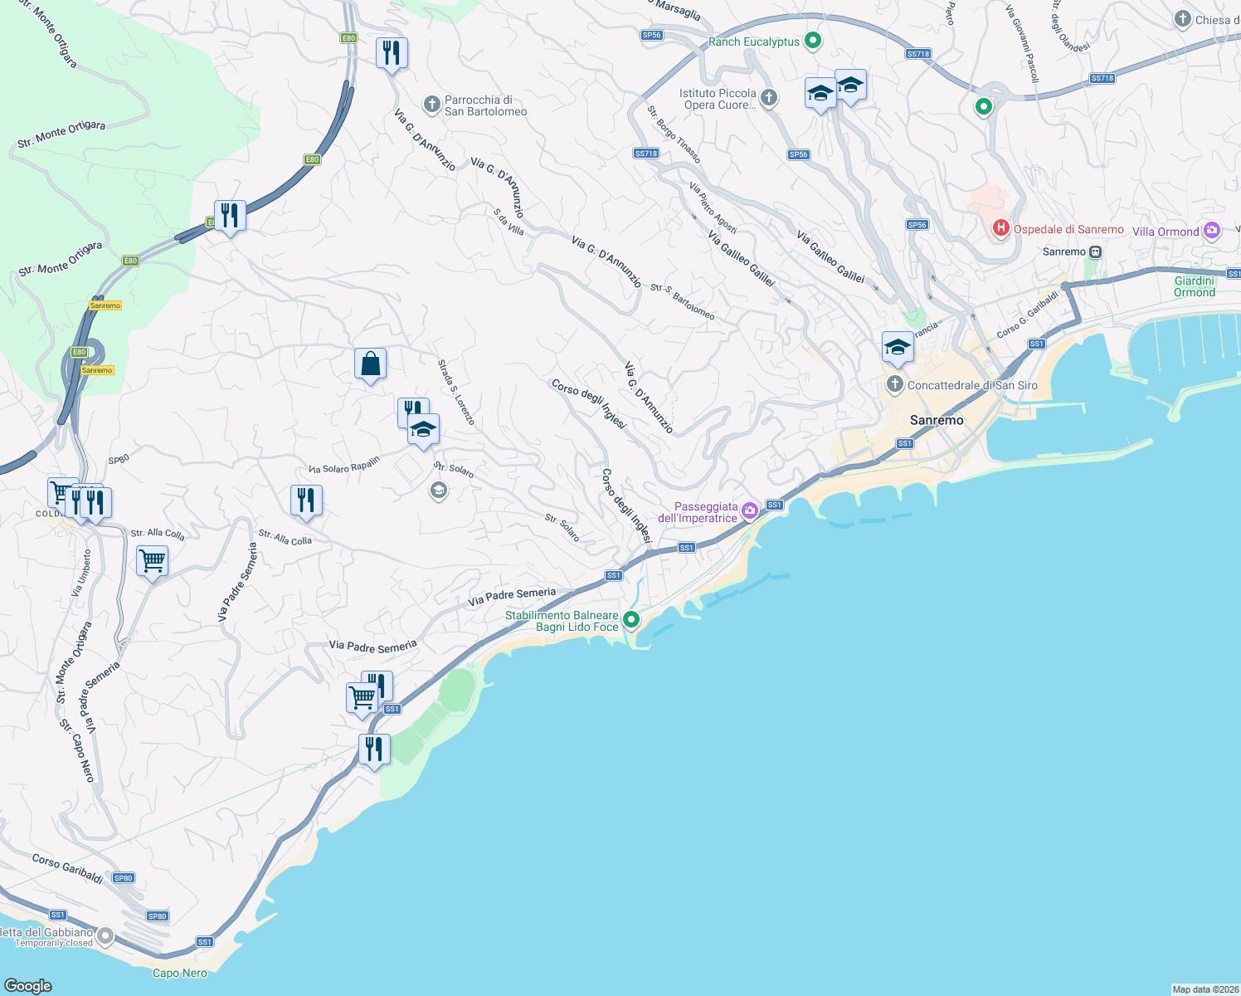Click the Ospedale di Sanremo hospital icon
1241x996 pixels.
point(1001,227)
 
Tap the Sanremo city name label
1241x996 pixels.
point(937,420)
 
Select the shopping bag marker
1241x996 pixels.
point(370,364)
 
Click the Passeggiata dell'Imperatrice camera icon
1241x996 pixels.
point(750,511)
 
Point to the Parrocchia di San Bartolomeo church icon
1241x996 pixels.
point(431,105)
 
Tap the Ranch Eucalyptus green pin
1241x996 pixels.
point(813,40)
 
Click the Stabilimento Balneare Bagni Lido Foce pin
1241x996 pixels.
point(631,619)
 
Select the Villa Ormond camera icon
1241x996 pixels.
point(1212,231)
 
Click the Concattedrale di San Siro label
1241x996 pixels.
point(972,385)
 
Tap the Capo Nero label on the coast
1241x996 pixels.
point(180,973)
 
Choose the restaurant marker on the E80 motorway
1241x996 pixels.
point(229,216)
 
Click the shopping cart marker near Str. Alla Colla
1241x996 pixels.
point(152,562)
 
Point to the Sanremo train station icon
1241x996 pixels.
point(1096,251)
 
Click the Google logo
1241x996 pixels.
point(28,985)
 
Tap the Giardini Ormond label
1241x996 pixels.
point(1195,286)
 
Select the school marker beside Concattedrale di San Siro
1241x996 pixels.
point(897,349)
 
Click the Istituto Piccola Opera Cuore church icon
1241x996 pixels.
point(769,98)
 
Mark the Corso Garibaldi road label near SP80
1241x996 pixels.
point(68,868)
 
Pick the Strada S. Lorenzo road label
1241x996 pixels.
point(456,392)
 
